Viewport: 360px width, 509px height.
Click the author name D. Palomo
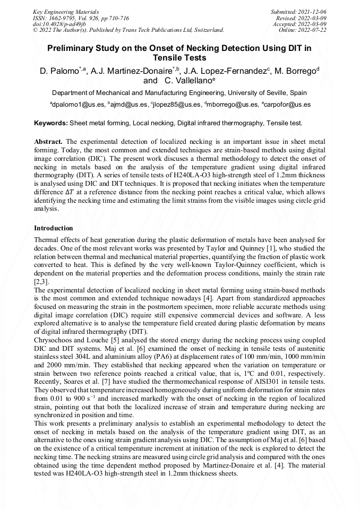pyautogui.click(x=59, y=71)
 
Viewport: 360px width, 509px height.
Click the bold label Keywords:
pyautogui.click(x=51, y=123)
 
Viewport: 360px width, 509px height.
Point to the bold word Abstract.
pyautogui.click(x=48, y=142)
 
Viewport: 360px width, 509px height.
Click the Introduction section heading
pyautogui.click(x=54, y=228)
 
